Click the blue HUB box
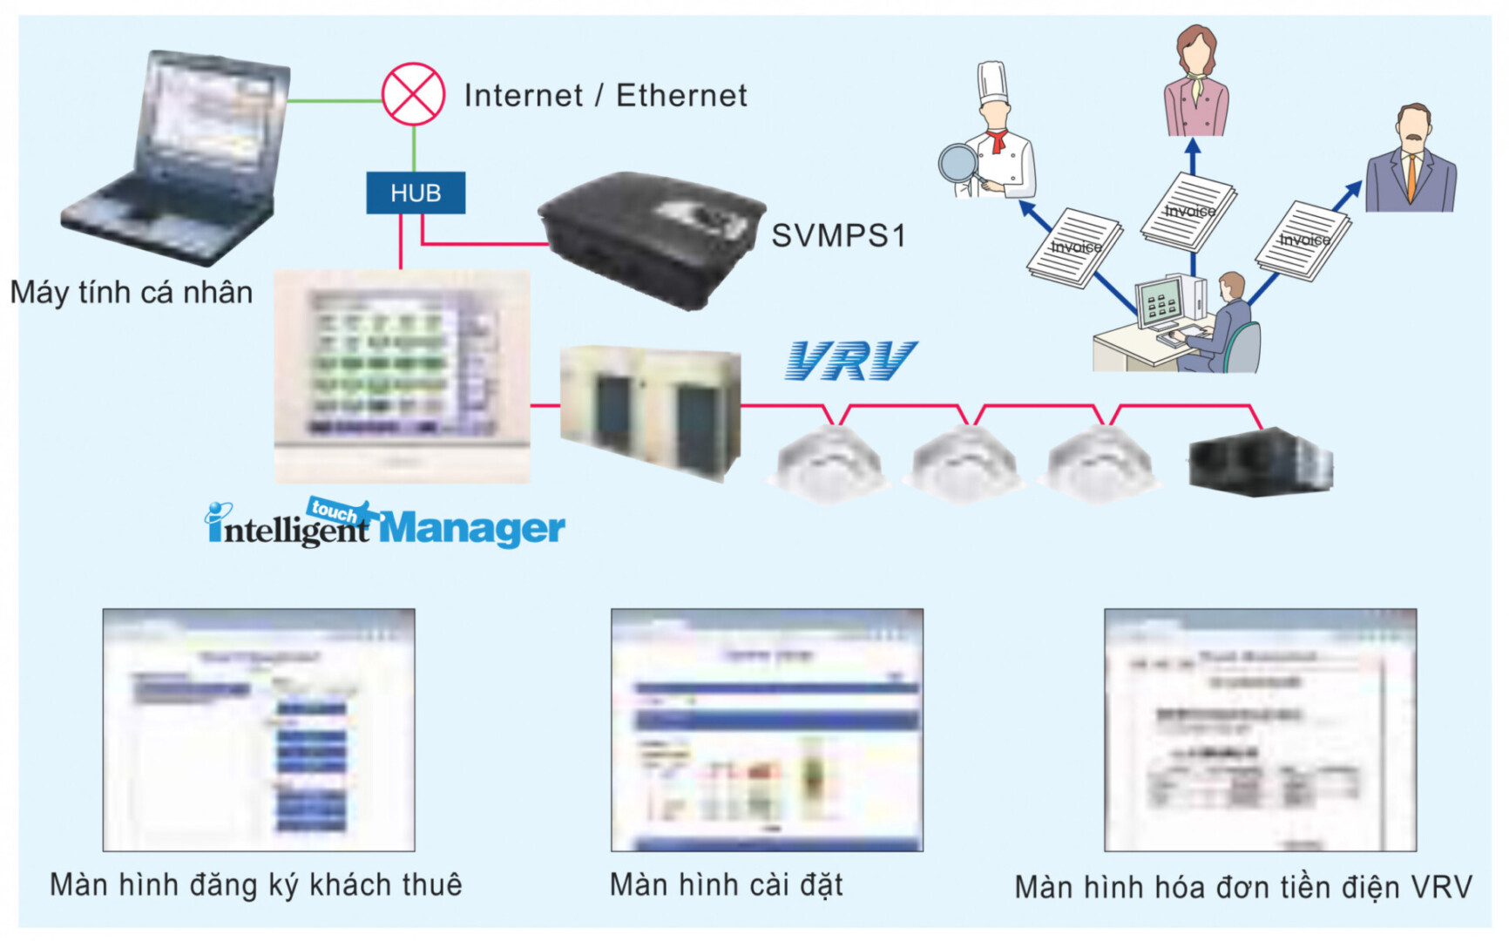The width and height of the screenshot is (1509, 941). coord(416,193)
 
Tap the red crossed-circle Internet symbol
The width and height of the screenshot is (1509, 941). coord(413,94)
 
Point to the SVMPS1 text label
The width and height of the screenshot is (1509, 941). coord(838,235)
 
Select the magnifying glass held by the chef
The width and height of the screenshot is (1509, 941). coord(958,163)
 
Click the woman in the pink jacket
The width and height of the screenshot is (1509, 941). coord(1196,83)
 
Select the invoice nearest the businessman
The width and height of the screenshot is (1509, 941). coord(1303,240)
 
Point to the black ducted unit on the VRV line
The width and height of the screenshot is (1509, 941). coord(1260,463)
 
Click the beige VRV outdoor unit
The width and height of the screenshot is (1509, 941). coord(650,411)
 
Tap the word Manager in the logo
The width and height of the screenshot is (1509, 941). coord(472,528)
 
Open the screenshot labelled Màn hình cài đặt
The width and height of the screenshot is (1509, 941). coord(767,730)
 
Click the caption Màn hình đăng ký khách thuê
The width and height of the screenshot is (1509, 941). coord(256,884)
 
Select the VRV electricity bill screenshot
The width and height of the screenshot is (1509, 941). coord(1260,730)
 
